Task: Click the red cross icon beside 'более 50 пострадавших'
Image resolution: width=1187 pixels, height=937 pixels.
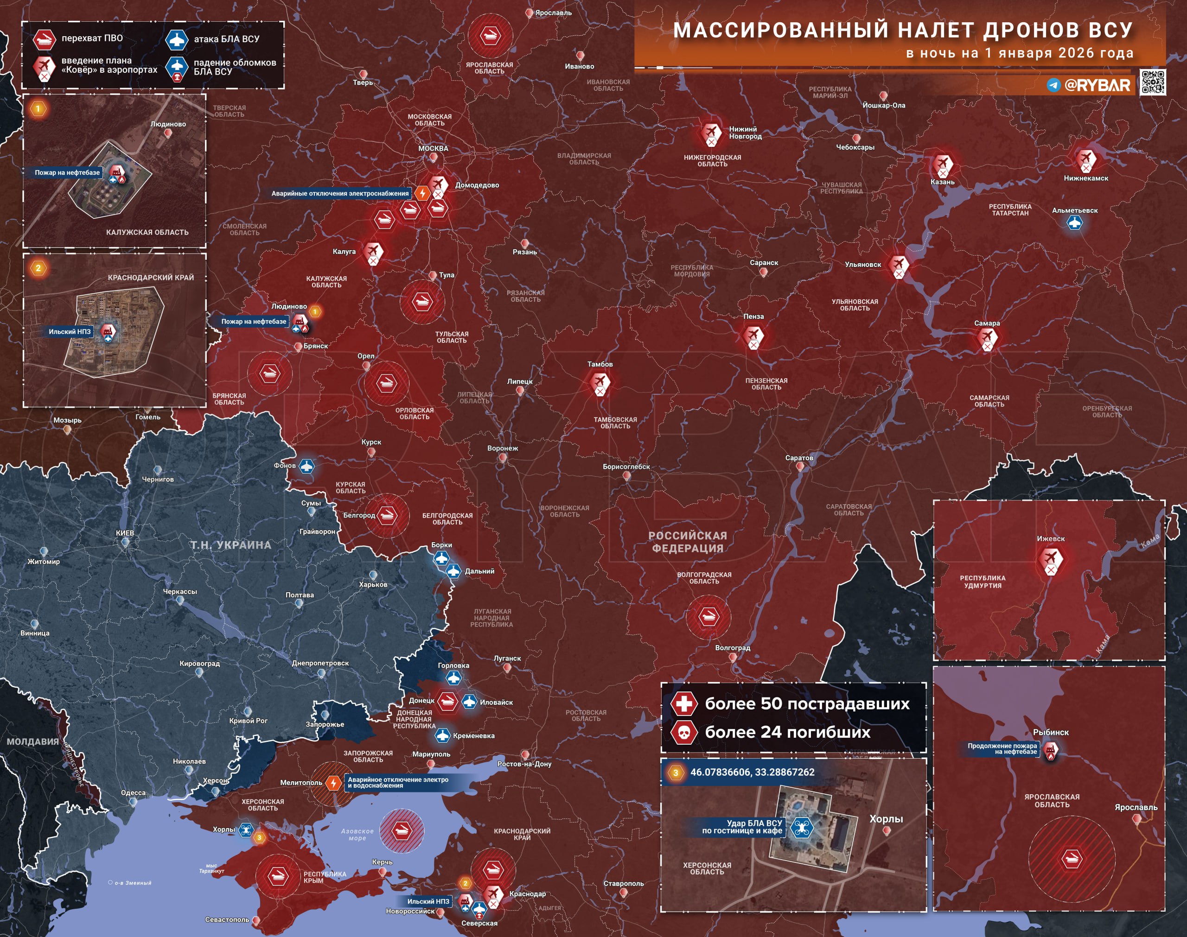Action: pyautogui.click(x=684, y=703)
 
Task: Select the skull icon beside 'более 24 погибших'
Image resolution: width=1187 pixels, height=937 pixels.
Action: pyautogui.click(x=684, y=732)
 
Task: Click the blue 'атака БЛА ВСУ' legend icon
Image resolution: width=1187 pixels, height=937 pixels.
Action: pyautogui.click(x=177, y=39)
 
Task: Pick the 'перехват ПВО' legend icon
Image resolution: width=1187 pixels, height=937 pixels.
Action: pyautogui.click(x=44, y=39)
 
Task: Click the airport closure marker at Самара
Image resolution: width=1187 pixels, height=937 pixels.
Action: pyautogui.click(x=987, y=338)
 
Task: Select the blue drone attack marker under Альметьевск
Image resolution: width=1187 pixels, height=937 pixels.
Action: pyautogui.click(x=1074, y=223)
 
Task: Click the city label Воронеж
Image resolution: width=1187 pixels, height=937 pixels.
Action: pyautogui.click(x=502, y=448)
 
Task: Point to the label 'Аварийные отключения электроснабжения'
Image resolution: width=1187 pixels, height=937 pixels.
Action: pyautogui.click(x=340, y=193)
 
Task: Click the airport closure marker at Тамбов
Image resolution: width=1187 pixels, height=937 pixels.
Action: pyautogui.click(x=600, y=382)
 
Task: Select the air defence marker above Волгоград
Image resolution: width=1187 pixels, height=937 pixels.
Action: pyautogui.click(x=708, y=617)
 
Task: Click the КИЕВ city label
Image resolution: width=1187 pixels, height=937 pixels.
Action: pyautogui.click(x=125, y=533)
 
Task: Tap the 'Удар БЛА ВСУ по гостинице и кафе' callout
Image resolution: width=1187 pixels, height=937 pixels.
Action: pyautogui.click(x=742, y=827)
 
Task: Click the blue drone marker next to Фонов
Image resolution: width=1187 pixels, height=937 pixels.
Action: pyautogui.click(x=306, y=466)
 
